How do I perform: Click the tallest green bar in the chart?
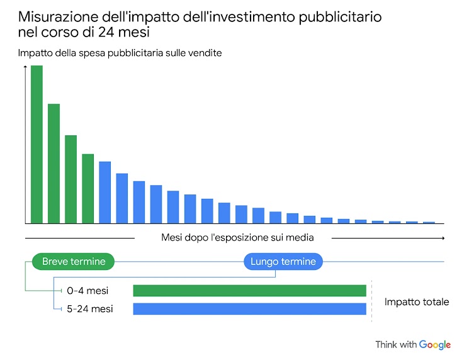(37, 144)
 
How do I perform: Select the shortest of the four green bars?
(88, 189)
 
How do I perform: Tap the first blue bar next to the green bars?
(105, 193)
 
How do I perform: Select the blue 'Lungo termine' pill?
(283, 261)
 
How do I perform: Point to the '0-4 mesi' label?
(88, 291)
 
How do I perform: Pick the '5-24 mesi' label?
(90, 309)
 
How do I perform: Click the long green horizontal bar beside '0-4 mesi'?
(249, 291)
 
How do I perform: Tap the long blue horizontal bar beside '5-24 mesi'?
(249, 309)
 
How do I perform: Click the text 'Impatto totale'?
(417, 302)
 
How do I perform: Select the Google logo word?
(435, 345)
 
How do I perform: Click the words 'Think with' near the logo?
(396, 345)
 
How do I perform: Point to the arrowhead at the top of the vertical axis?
(25, 67)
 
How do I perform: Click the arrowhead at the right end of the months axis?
(443, 238)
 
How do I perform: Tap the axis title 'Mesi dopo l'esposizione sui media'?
(237, 238)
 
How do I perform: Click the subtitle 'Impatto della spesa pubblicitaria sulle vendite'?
(120, 53)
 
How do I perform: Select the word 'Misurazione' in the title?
(56, 16)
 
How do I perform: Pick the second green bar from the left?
(54, 164)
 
